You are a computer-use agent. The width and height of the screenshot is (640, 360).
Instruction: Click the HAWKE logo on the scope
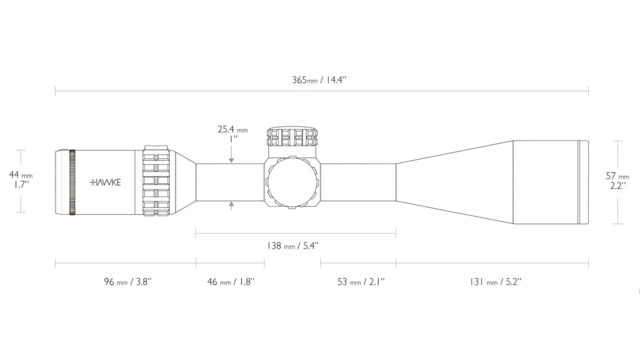pyautogui.click(x=105, y=183)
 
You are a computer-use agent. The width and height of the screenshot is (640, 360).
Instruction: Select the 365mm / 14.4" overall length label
pyautogui.click(x=319, y=80)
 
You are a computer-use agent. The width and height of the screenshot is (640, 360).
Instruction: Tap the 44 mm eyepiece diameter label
pyautogui.click(x=21, y=175)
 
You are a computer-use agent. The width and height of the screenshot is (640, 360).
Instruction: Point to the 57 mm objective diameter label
pyautogui.click(x=618, y=176)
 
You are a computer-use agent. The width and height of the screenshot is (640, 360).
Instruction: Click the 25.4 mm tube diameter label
pyautogui.click(x=233, y=130)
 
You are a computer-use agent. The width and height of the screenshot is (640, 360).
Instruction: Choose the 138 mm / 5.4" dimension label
pyautogui.click(x=293, y=245)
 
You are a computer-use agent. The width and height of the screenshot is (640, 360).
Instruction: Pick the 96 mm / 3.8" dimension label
pyautogui.click(x=128, y=281)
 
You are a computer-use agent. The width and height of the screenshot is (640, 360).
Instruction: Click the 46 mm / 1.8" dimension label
pyautogui.click(x=231, y=281)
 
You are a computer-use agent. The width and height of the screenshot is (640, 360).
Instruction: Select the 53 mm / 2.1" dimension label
pyautogui.click(x=361, y=281)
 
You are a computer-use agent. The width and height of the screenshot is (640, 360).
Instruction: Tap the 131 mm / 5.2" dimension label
pyautogui.click(x=495, y=281)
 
